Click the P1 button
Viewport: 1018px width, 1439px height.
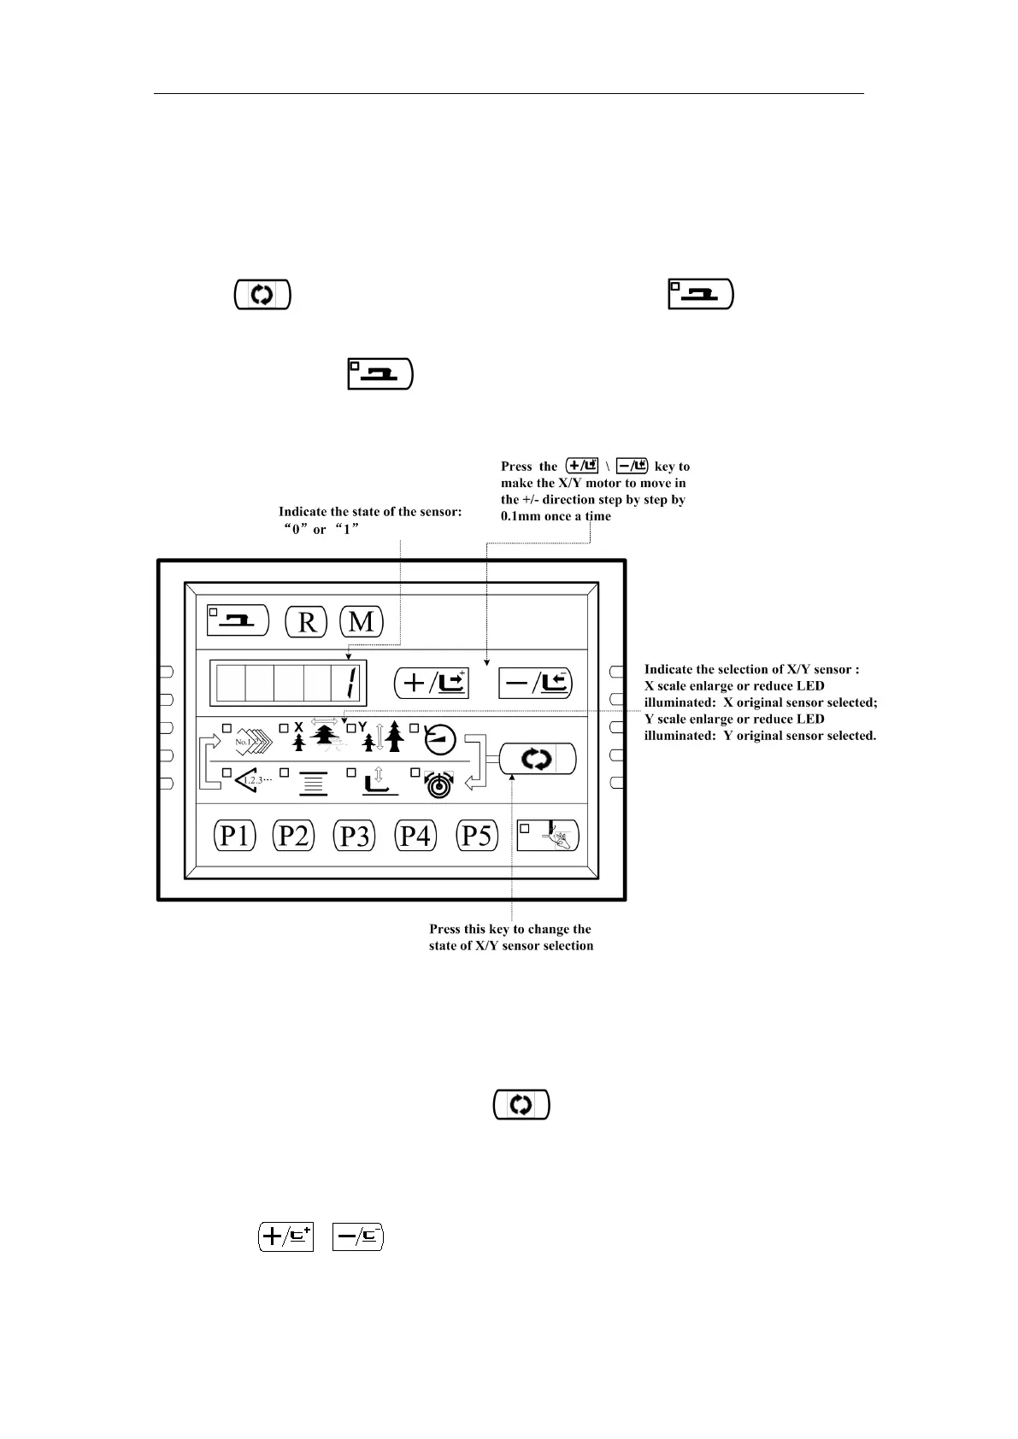tap(234, 835)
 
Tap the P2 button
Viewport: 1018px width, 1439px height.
tap(294, 835)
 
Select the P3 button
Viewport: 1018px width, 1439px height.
tap(354, 835)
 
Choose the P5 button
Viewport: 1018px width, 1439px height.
tap(476, 835)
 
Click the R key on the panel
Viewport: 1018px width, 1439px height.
tap(306, 621)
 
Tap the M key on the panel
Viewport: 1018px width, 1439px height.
tap(362, 621)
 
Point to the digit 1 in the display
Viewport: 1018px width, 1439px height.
tap(351, 684)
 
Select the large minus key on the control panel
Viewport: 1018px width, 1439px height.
tap(535, 683)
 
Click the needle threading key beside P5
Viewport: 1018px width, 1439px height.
tap(548, 835)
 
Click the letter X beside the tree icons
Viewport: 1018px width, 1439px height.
tap(298, 727)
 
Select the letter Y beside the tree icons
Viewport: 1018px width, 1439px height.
tap(362, 726)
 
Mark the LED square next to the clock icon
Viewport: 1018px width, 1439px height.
tap(415, 728)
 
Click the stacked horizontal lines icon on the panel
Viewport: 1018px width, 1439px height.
tap(313, 783)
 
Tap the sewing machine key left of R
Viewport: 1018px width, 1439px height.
tap(238, 620)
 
